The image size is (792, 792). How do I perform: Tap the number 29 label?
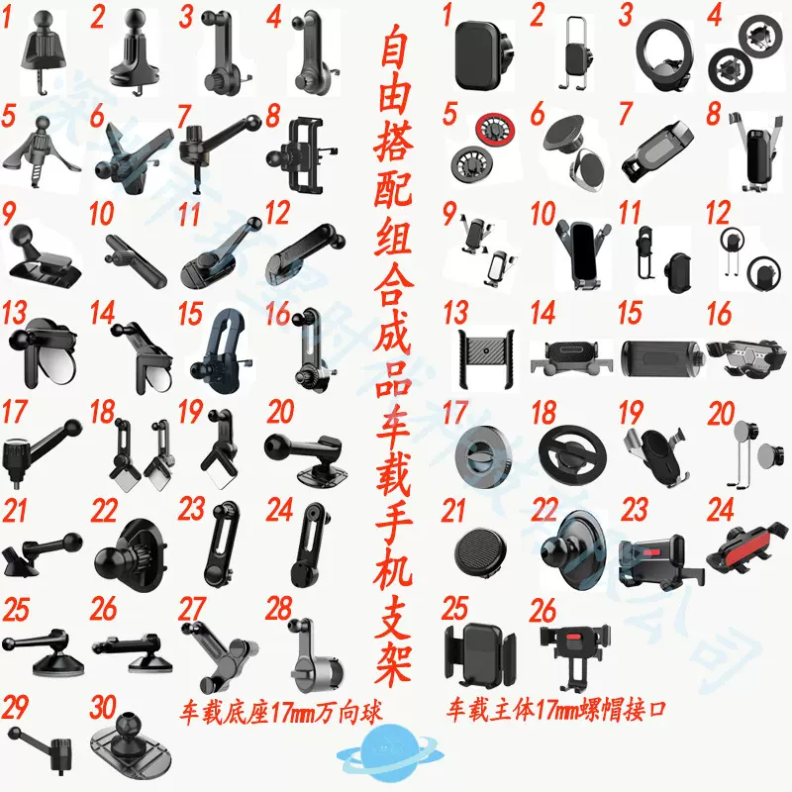pyautogui.click(x=15, y=707)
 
